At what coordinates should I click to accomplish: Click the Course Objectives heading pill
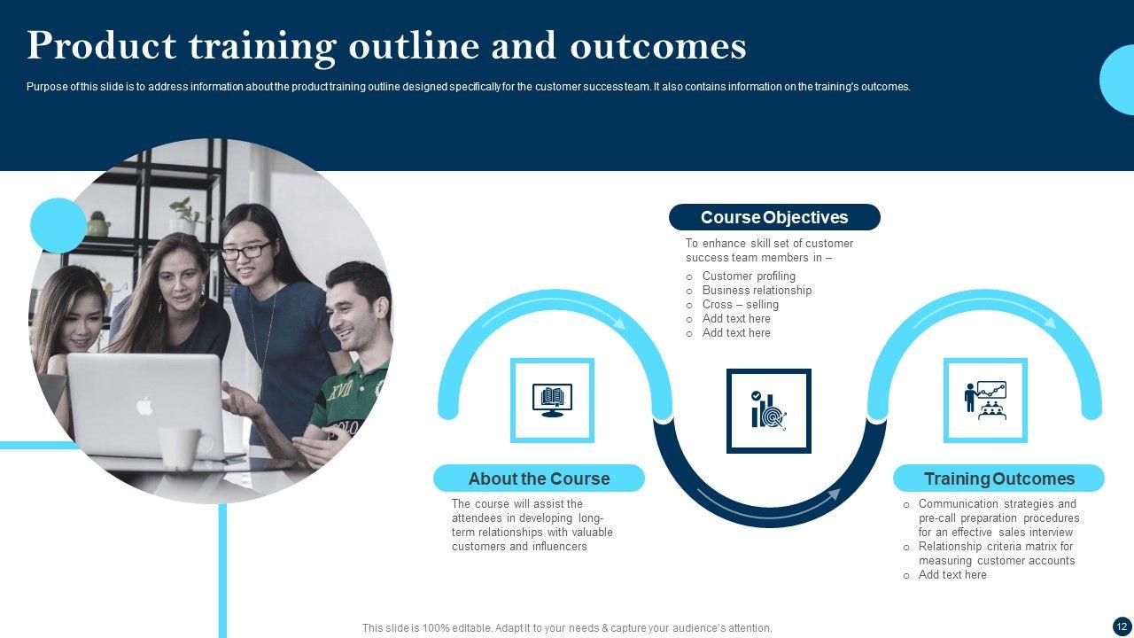pyautogui.click(x=774, y=217)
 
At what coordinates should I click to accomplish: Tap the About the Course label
pyautogui.click(x=540, y=478)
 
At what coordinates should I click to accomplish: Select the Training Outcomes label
pyautogui.click(x=998, y=478)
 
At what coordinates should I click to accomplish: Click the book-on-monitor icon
pyautogui.click(x=552, y=400)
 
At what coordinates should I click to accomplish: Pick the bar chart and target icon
pyautogui.click(x=769, y=410)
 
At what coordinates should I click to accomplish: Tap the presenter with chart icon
pyautogui.click(x=985, y=400)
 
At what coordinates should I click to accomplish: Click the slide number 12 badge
pyautogui.click(x=1122, y=626)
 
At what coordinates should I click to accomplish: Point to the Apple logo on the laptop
pyautogui.click(x=144, y=406)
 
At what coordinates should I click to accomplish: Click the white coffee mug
pyautogui.click(x=183, y=448)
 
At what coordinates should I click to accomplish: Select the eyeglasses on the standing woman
pyautogui.click(x=246, y=251)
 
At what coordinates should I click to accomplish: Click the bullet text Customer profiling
pyautogui.click(x=749, y=276)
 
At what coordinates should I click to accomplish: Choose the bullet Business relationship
pyautogui.click(x=757, y=290)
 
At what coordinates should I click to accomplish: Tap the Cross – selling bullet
pyautogui.click(x=740, y=304)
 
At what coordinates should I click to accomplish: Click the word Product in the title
pyautogui.click(x=101, y=45)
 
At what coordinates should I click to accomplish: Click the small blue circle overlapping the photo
pyautogui.click(x=58, y=225)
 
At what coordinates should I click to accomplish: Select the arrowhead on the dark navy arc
pyautogui.click(x=834, y=495)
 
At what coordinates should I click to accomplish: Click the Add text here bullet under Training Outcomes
pyautogui.click(x=952, y=575)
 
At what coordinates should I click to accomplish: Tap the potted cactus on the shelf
pyautogui.click(x=98, y=224)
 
